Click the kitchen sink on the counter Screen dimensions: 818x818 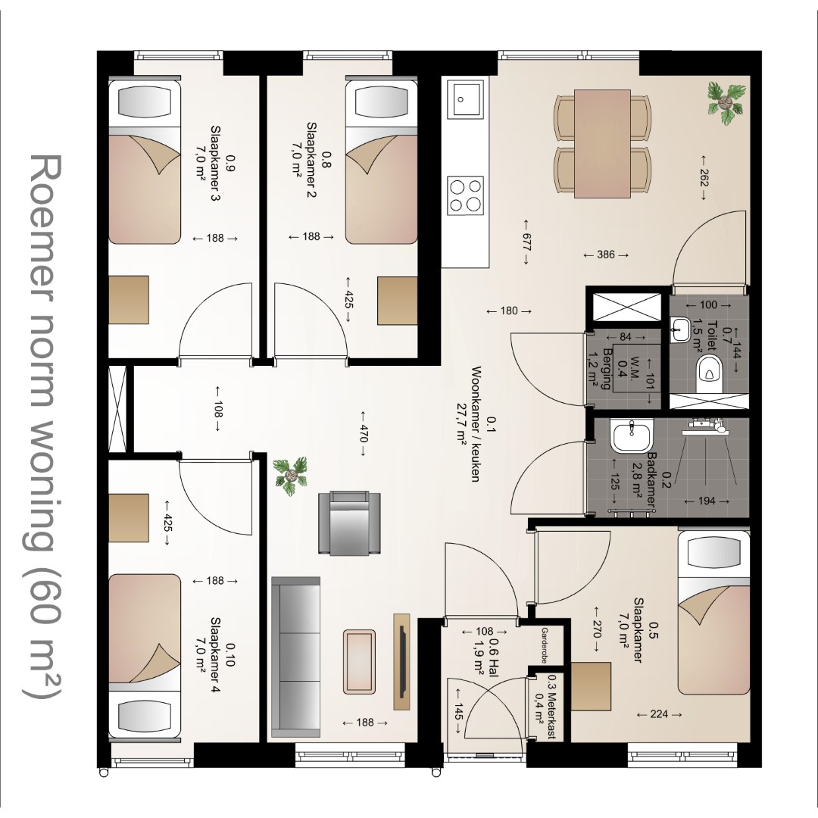467,98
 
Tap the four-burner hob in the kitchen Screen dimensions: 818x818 466,195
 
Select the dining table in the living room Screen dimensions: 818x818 603,143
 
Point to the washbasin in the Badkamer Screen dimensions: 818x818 631,437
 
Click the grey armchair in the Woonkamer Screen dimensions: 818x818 349,523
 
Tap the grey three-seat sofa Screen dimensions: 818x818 296,657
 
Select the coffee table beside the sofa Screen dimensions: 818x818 360,661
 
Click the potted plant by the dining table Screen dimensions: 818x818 725,103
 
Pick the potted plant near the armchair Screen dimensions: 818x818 291,476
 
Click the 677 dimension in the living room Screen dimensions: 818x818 526,242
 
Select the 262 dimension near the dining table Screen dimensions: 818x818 703,178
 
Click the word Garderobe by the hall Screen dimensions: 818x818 543,645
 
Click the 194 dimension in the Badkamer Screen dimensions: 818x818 707,501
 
